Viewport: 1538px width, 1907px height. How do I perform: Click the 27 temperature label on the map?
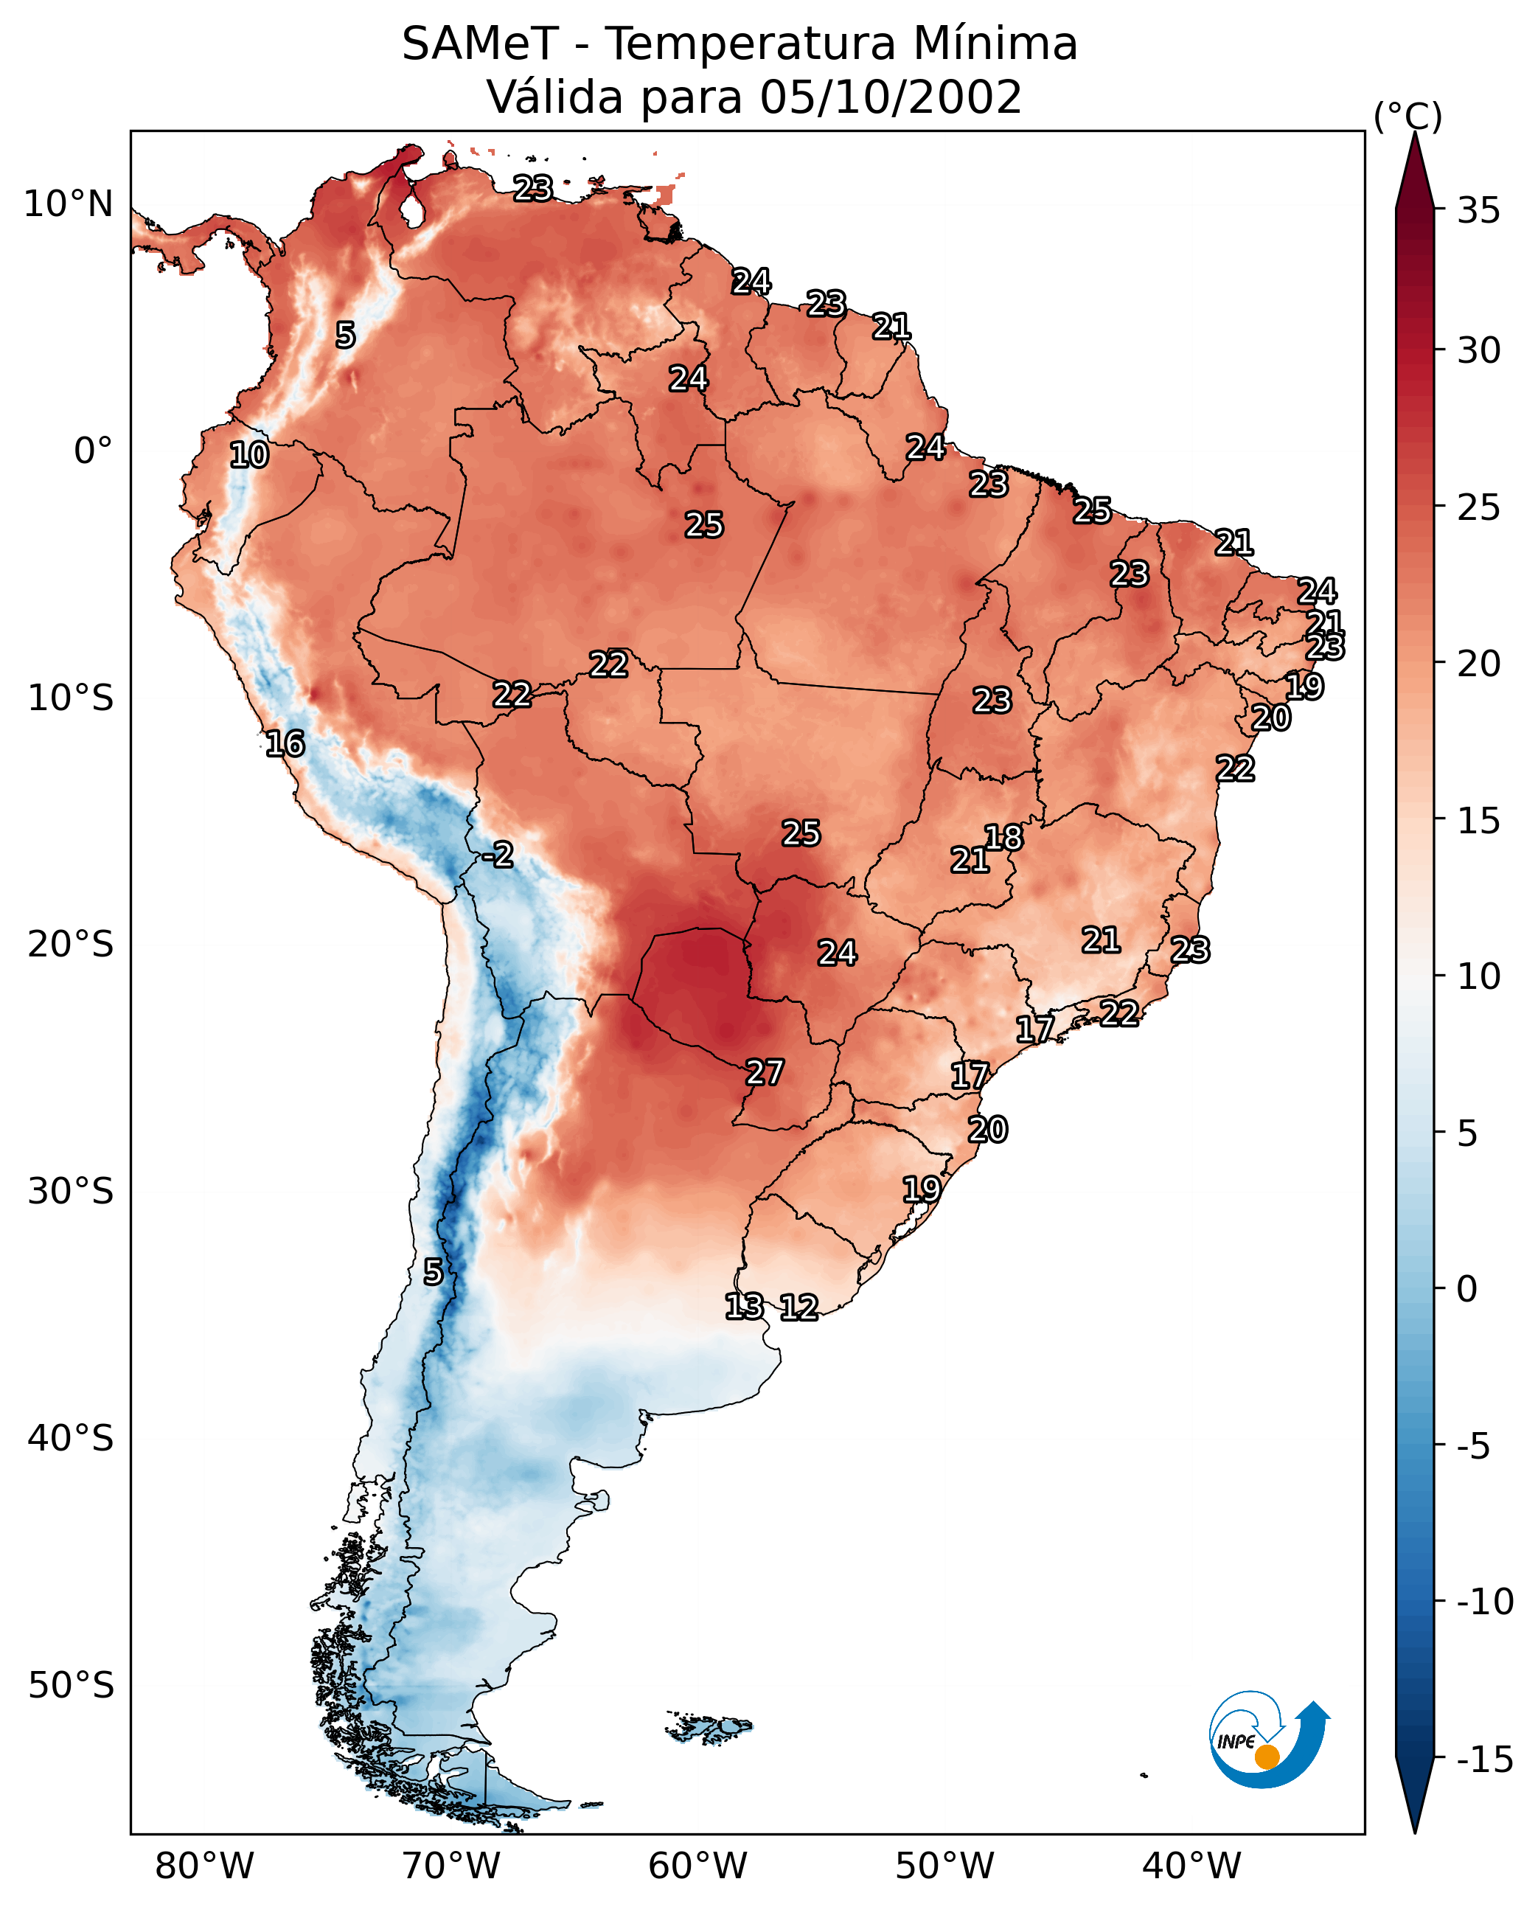click(x=764, y=1073)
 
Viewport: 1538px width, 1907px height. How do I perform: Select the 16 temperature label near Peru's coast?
click(x=285, y=743)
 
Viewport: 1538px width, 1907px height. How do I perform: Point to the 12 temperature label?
click(x=798, y=1307)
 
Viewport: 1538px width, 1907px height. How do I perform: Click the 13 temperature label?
click(x=744, y=1305)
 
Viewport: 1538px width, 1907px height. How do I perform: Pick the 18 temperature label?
click(x=1003, y=838)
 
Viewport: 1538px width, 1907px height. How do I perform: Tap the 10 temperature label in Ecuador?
click(x=249, y=456)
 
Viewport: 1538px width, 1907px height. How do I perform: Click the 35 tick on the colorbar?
click(x=1478, y=211)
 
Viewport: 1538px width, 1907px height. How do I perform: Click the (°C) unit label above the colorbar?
click(x=1407, y=116)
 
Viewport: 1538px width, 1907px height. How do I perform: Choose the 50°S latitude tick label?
click(x=71, y=1686)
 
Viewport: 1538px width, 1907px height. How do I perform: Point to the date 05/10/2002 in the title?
click(x=891, y=97)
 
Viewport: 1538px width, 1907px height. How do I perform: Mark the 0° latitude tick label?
click(x=93, y=451)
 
